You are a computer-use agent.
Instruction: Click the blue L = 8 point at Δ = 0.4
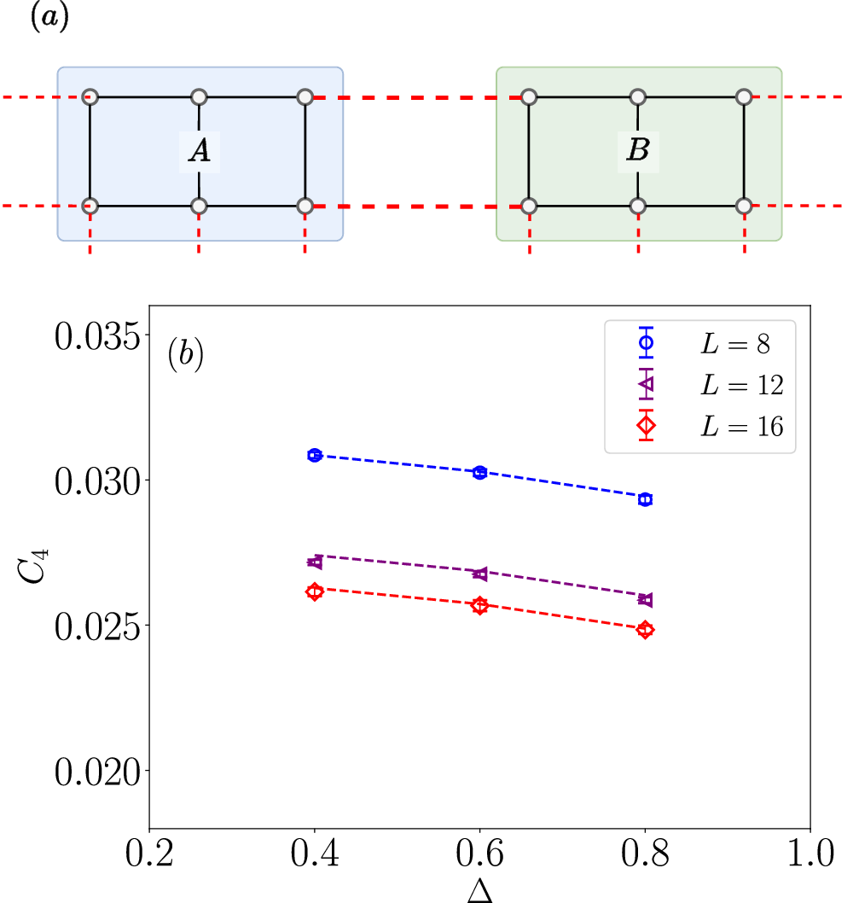click(315, 455)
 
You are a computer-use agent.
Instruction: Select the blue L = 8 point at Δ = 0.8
click(646, 498)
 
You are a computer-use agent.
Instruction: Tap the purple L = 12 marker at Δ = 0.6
click(480, 574)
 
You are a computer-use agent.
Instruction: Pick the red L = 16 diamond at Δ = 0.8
click(646, 630)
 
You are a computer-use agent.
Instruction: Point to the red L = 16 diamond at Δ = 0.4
click(315, 591)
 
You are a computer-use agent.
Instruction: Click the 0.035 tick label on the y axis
click(95, 336)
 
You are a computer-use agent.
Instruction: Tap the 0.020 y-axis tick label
click(95, 771)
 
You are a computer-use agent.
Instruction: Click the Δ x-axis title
click(479, 890)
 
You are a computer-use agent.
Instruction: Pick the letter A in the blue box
click(199, 151)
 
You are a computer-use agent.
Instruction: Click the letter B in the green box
click(638, 151)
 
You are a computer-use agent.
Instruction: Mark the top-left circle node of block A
click(91, 97)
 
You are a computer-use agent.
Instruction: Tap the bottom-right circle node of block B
click(744, 206)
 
